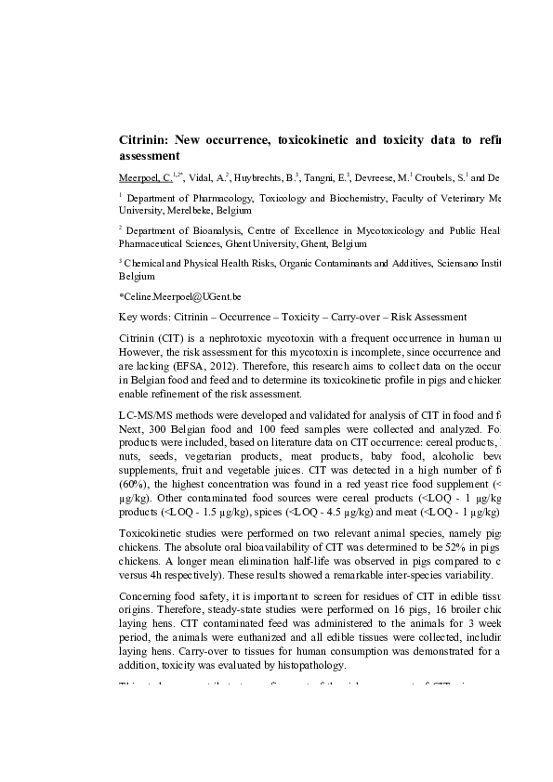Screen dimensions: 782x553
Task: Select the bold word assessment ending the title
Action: pyautogui.click(x=149, y=156)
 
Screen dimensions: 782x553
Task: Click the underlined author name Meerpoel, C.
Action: pyautogui.click(x=145, y=176)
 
